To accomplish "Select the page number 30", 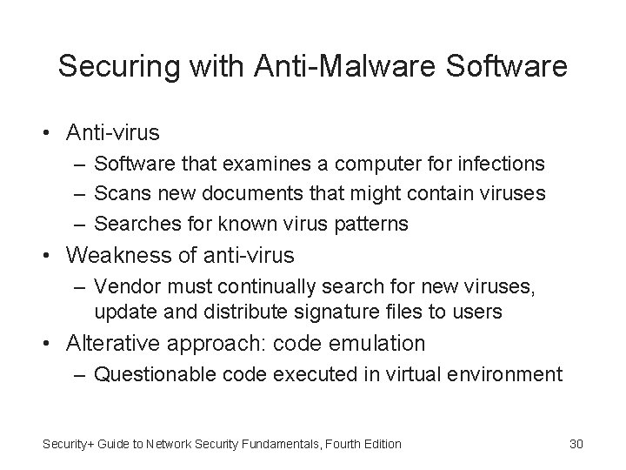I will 575,444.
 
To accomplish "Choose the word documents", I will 234,193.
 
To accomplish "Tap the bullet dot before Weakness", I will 53,256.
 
